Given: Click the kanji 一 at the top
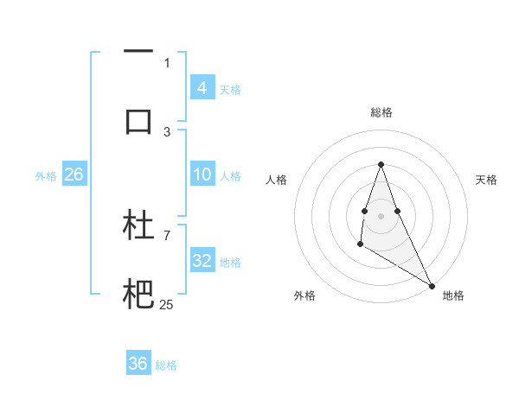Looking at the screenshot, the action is click(138, 52).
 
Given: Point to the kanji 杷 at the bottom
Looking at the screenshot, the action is click(138, 295).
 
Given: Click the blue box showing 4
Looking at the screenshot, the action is click(202, 87).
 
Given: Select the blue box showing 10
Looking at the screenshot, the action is click(202, 174).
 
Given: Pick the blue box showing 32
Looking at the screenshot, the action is click(202, 261).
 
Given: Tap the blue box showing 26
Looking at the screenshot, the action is click(74, 174).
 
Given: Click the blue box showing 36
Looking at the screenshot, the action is click(138, 364).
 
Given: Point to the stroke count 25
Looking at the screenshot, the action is click(166, 304).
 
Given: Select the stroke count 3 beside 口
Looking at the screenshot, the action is click(167, 131).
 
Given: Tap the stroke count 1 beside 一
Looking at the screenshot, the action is click(167, 62).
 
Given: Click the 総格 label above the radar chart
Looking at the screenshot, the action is click(381, 112).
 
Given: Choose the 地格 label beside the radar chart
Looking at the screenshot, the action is click(453, 295).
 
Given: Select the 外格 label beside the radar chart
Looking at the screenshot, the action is click(304, 295).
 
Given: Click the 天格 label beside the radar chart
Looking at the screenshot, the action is click(486, 180).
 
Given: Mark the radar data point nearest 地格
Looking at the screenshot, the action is click(432, 286).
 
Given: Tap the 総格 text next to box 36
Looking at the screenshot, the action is click(166, 365).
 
